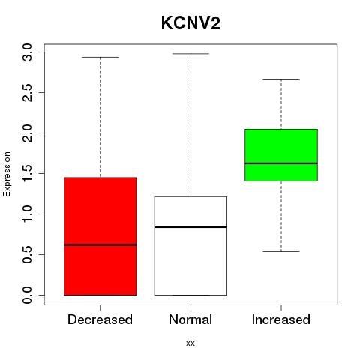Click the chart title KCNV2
(190, 23)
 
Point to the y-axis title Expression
(7, 174)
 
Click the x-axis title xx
(190, 343)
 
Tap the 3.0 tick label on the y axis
(27, 52)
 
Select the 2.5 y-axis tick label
(27, 93)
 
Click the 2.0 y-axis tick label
(27, 133)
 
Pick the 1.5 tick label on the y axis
(27, 174)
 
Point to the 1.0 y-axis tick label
(27, 214)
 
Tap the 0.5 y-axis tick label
(27, 255)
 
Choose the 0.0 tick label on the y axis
(27, 295)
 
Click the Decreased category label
(100, 319)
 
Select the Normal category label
(190, 319)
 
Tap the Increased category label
(281, 319)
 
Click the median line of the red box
(100, 244)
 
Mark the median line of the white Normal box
(190, 227)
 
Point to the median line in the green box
(281, 163)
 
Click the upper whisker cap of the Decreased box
(100, 57)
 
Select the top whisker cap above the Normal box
(190, 54)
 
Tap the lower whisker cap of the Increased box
(281, 251)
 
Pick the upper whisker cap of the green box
(281, 79)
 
